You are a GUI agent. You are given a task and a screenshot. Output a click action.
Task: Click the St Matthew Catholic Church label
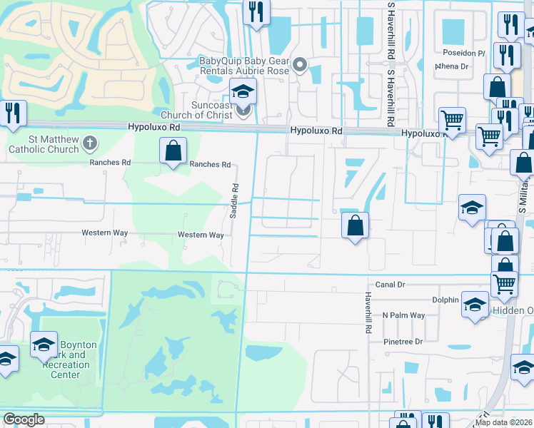pyautogui.click(x=44, y=143)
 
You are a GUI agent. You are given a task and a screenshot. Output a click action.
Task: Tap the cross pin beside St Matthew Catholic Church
pyautogui.click(x=89, y=143)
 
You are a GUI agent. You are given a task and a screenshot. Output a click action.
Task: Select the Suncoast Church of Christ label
pyautogui.click(x=196, y=111)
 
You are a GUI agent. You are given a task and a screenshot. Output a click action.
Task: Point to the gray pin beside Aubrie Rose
pyautogui.click(x=301, y=66)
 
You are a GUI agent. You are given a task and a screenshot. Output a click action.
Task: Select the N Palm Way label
pyautogui.click(x=403, y=315)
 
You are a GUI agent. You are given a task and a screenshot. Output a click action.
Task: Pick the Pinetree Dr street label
pyautogui.click(x=402, y=342)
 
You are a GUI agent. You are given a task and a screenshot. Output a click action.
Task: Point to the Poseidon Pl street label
pyautogui.click(x=463, y=53)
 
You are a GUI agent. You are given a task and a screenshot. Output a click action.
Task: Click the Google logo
pyautogui.click(x=24, y=419)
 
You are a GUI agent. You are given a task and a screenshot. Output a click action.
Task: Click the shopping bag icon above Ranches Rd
pyautogui.click(x=173, y=151)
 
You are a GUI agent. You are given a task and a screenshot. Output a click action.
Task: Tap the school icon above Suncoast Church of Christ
pyautogui.click(x=243, y=92)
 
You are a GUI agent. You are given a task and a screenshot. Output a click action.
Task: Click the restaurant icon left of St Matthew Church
pyautogui.click(x=13, y=113)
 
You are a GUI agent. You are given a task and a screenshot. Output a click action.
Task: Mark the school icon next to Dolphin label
pyautogui.click(x=475, y=305)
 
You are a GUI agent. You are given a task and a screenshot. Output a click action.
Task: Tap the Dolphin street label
pyautogui.click(x=445, y=300)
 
